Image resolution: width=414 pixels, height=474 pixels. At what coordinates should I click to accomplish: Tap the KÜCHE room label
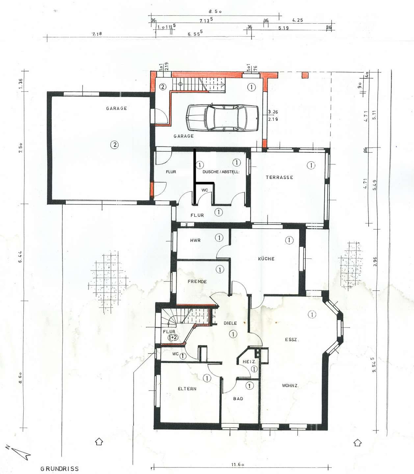pos(266,259)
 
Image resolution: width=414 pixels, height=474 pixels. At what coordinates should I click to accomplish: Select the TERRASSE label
pos(279,177)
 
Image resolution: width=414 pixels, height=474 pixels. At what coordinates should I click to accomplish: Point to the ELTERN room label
pos(187,389)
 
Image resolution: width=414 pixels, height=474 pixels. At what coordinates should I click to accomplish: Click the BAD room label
pos(238,399)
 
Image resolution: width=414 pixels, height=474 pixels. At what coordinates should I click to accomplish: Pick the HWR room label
pos(195,240)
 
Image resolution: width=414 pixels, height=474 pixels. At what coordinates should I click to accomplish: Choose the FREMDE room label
pos(197,281)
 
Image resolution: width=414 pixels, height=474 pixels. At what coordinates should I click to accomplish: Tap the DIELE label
pos(230,323)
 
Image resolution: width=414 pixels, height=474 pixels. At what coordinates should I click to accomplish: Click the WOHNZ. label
pos(290,385)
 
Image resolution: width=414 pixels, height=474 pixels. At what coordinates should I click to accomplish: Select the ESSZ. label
pos(292,340)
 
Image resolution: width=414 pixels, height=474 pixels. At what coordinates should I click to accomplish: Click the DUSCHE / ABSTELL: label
pos(221,172)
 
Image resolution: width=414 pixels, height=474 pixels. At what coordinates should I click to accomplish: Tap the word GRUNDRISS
pos(60,468)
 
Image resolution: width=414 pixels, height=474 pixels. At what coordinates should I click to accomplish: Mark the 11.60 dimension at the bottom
pos(237,465)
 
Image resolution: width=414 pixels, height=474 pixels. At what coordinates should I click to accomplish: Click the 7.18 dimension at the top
pos(97,34)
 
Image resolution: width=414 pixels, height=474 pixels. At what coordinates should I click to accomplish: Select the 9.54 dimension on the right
pos(374,365)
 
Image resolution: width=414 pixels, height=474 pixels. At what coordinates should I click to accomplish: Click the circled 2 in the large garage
pos(114,145)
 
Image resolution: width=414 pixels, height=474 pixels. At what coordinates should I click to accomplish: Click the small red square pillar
pos(305,75)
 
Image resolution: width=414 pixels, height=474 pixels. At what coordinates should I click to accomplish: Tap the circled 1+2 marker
pos(173,337)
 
